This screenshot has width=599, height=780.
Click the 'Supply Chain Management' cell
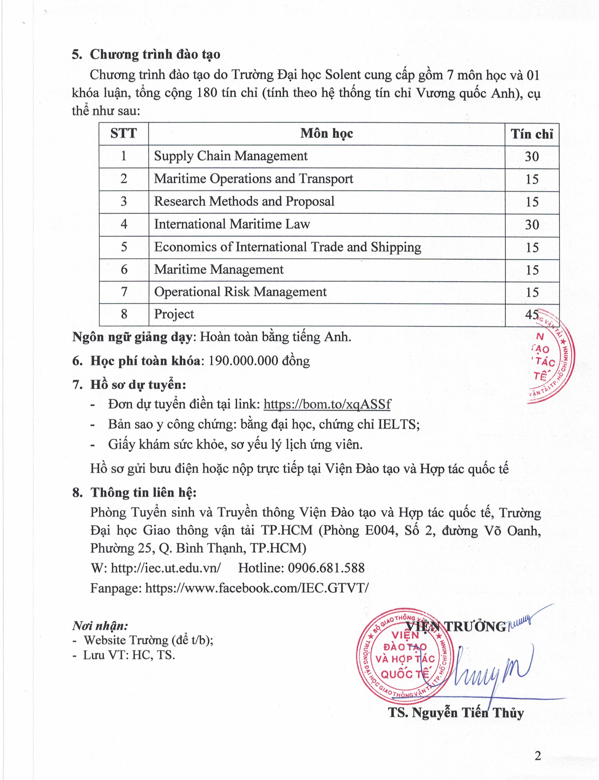click(231, 156)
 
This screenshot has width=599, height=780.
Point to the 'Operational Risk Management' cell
click(240, 292)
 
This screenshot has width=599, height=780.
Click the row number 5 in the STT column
click(124, 247)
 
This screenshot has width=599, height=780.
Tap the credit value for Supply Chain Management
click(532, 157)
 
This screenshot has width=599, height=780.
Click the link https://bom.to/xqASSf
click(327, 404)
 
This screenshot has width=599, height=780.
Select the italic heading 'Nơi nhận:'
click(100, 626)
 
